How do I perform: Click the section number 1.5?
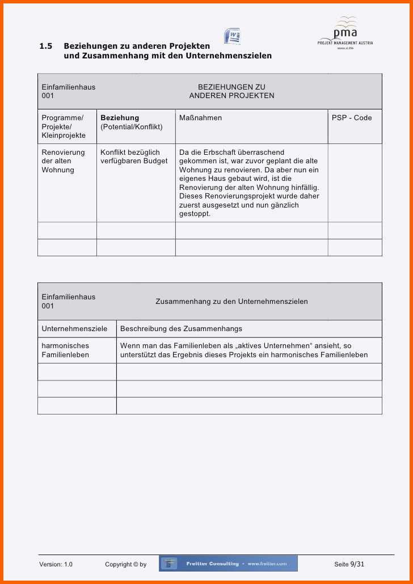46,46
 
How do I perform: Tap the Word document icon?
232,36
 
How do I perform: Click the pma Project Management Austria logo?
345,33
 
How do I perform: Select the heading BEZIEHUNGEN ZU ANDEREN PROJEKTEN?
231,91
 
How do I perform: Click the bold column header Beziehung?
120,118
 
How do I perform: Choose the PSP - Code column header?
352,118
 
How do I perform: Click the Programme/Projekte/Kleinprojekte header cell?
64,126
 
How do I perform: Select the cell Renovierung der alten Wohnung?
63,161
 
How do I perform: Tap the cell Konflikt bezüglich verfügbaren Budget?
134,156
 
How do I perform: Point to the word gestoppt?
195,214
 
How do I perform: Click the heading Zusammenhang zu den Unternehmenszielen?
231,302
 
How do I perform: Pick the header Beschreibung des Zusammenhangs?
181,329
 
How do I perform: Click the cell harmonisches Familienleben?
65,350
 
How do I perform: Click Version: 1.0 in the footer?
56,564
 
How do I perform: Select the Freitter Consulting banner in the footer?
228,564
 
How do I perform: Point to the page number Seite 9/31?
349,564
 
